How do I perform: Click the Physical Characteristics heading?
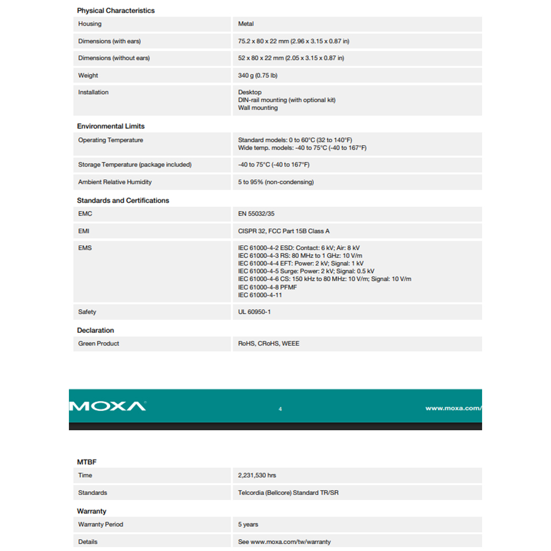tap(116, 10)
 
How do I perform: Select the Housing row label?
tap(90, 24)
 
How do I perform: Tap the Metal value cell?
tap(246, 24)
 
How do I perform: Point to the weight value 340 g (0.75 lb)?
tap(258, 75)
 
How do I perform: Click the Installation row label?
tap(93, 93)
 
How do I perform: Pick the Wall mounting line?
tap(258, 108)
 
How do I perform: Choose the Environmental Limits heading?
tap(111, 126)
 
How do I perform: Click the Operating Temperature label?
tap(110, 141)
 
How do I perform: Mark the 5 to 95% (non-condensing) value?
tap(275, 182)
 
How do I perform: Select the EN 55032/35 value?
tap(256, 214)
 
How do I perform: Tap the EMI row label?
tap(84, 231)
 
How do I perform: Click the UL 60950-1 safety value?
tap(255, 312)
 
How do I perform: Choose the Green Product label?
tap(99, 344)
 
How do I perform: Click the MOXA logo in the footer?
tap(108, 407)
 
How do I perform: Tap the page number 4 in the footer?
tap(280, 409)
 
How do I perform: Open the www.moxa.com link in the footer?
tap(453, 408)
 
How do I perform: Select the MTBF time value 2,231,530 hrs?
tap(257, 476)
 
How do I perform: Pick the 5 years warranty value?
tap(248, 525)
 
